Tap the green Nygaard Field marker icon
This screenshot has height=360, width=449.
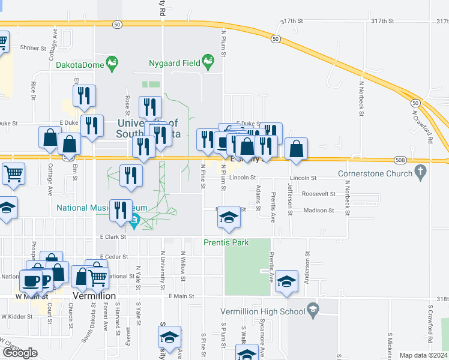208,61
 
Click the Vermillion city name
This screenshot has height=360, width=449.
93,296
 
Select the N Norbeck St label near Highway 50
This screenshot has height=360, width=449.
362,99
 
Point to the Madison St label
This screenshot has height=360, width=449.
318,211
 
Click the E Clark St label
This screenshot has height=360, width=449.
114,237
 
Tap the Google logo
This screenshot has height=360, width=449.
20,353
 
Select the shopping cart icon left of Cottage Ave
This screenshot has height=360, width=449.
13,173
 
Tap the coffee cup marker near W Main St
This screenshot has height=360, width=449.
31,280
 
